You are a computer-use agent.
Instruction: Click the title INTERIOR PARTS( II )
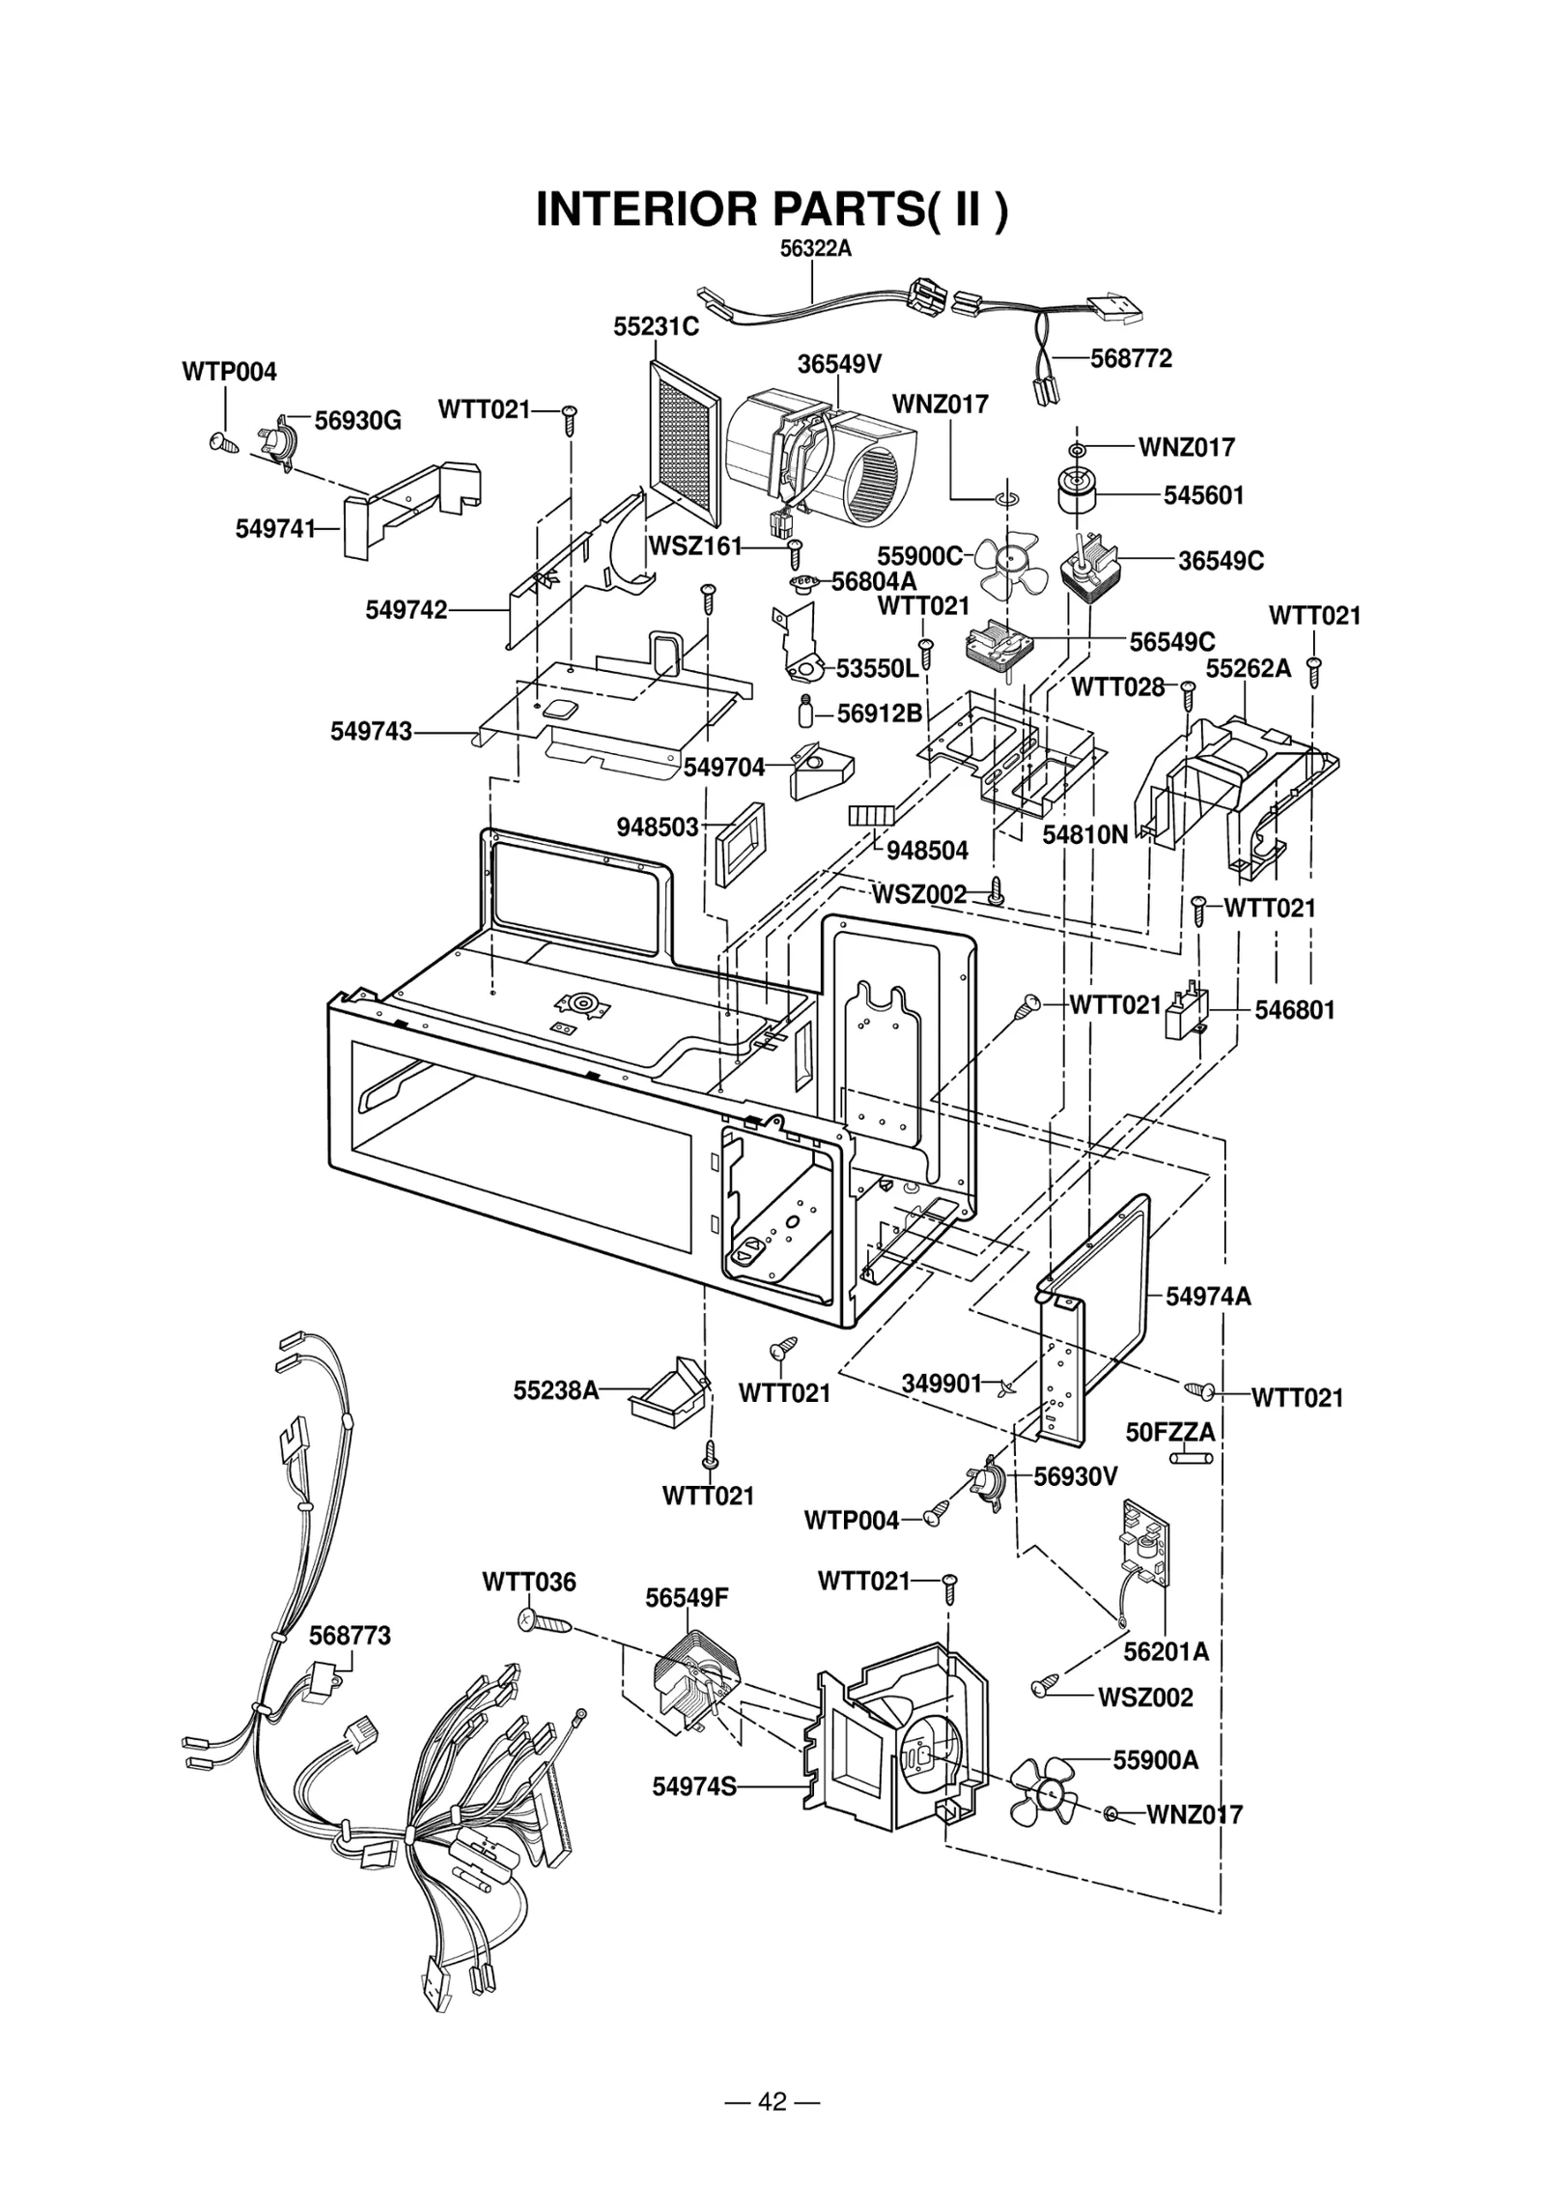[772, 209]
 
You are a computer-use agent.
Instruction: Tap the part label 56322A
[815, 248]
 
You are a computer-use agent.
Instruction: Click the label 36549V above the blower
[839, 364]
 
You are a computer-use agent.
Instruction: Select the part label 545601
[1203, 495]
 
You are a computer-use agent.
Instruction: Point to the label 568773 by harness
[350, 1635]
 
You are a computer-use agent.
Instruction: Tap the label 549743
[371, 731]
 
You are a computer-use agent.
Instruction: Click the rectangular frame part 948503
[740, 842]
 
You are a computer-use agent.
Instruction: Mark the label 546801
[1294, 1010]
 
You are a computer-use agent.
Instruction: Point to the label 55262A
[1248, 668]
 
